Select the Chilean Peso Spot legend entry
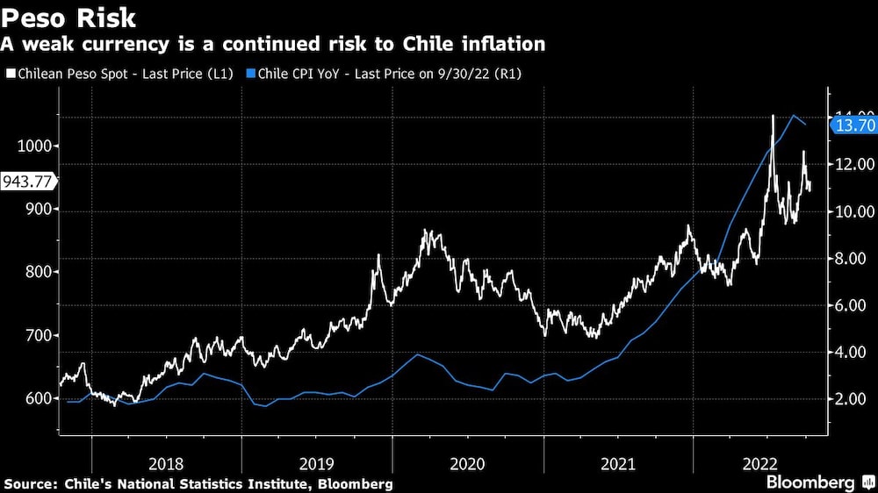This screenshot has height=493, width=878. [119, 75]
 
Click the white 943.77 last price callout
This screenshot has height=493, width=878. [28, 182]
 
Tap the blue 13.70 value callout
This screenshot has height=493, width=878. [853, 125]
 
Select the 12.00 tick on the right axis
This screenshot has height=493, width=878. [852, 164]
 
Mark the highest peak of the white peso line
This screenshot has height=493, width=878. [773, 116]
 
